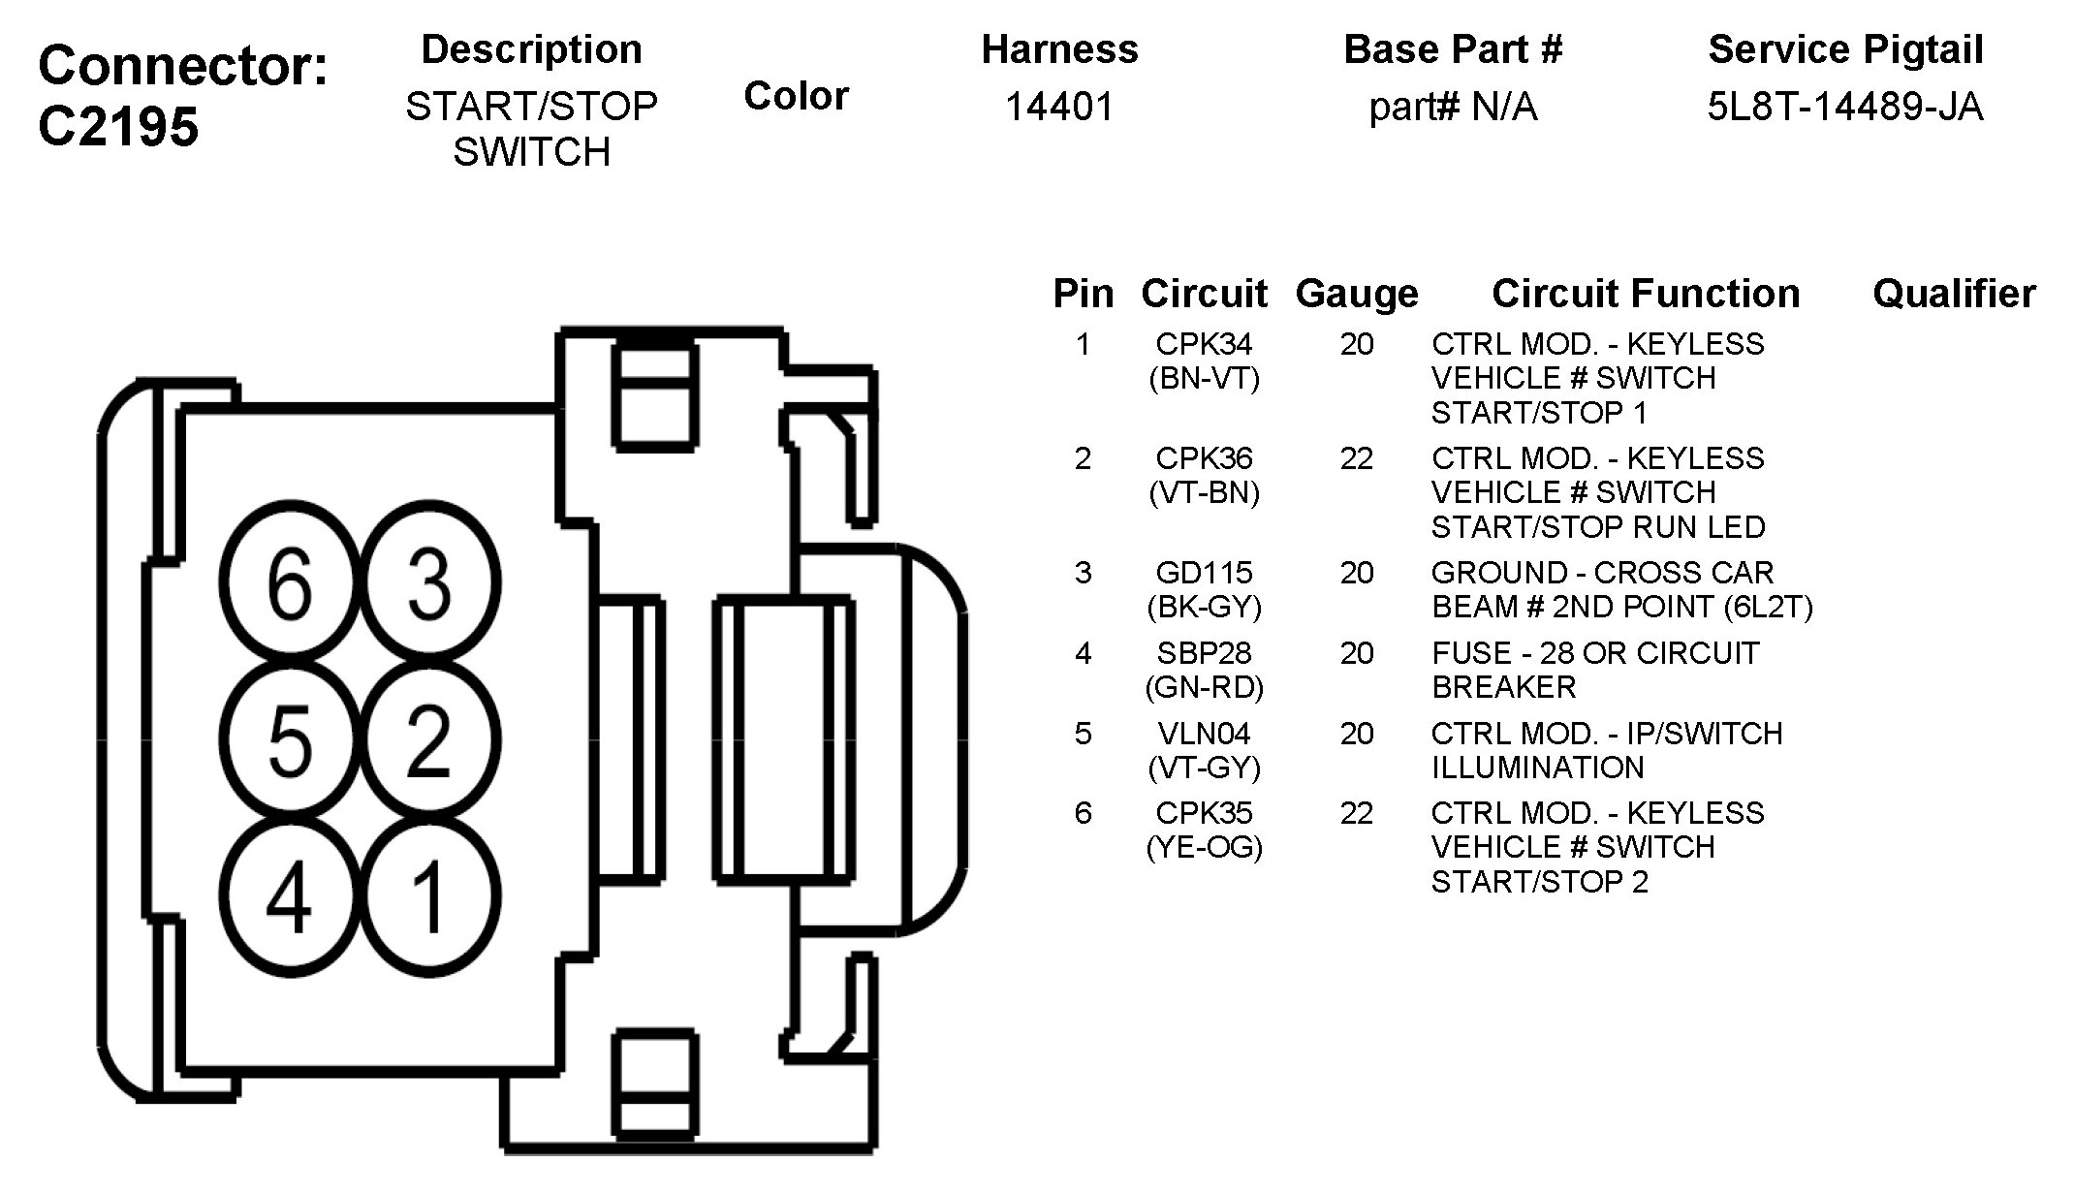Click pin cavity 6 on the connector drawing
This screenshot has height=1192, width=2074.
[290, 582]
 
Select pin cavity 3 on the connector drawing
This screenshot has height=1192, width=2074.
[430, 582]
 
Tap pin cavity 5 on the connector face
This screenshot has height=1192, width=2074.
[290, 740]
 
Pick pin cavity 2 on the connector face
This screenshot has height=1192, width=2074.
[430, 740]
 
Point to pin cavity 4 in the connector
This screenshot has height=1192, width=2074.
[290, 896]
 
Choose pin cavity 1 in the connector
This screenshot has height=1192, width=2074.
[430, 896]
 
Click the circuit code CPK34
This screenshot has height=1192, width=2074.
[1204, 344]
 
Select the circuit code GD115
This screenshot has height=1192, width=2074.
[1204, 573]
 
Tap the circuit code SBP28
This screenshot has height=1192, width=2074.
[1204, 653]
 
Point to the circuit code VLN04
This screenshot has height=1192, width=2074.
[1204, 734]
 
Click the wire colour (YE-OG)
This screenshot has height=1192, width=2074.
[1204, 848]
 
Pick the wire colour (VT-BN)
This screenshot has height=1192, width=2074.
[1204, 493]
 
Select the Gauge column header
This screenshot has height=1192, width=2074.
[1357, 294]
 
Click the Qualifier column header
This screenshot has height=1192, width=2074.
[1954, 294]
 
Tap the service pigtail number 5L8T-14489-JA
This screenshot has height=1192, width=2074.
[1845, 107]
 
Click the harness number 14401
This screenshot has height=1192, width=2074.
[1059, 107]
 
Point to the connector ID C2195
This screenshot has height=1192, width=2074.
[118, 127]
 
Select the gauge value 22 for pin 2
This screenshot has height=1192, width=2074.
[1357, 458]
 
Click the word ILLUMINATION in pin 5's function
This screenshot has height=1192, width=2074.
[1538, 768]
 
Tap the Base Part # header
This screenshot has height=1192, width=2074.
[1453, 49]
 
